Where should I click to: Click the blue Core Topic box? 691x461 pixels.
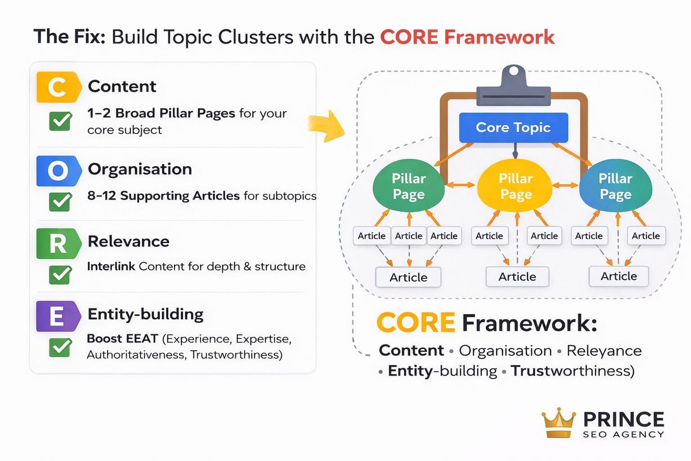(513, 127)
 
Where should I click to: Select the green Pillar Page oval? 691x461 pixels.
(408, 186)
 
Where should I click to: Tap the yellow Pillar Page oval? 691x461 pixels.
(516, 186)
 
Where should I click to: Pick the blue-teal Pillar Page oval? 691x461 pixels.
(615, 186)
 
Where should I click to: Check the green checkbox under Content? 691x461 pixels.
(60, 121)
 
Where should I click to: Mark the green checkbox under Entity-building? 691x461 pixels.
(60, 347)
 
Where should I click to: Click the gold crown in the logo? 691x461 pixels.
(558, 423)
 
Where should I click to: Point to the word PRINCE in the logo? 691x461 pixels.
(624, 419)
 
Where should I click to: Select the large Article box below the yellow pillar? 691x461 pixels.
(517, 276)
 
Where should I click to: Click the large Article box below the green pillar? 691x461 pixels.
(408, 277)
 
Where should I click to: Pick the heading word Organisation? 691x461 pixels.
(140, 169)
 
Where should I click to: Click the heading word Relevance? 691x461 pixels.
(129, 241)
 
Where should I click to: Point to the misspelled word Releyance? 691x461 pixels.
(604, 350)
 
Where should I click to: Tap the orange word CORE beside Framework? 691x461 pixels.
(416, 323)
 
